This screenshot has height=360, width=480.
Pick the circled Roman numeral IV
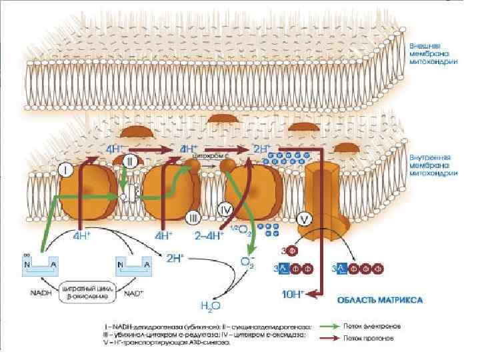(225, 209)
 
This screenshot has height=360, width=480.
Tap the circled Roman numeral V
(304, 218)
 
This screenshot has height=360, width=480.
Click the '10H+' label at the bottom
(292, 294)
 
